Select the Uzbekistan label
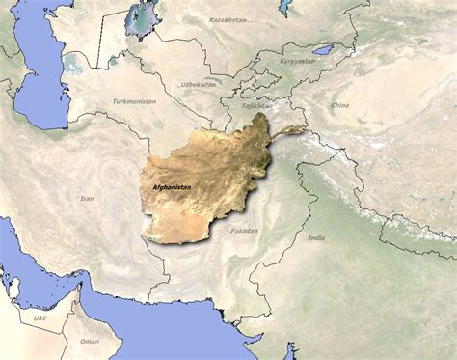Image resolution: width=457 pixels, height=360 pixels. (x=198, y=84)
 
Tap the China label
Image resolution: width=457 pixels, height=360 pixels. (x=341, y=104)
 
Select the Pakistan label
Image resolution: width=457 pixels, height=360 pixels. (x=244, y=231)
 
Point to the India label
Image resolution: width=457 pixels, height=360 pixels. (x=316, y=237)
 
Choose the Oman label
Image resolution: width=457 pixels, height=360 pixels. (x=89, y=341)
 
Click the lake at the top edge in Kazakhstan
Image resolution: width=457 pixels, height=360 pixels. (x=285, y=7)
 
